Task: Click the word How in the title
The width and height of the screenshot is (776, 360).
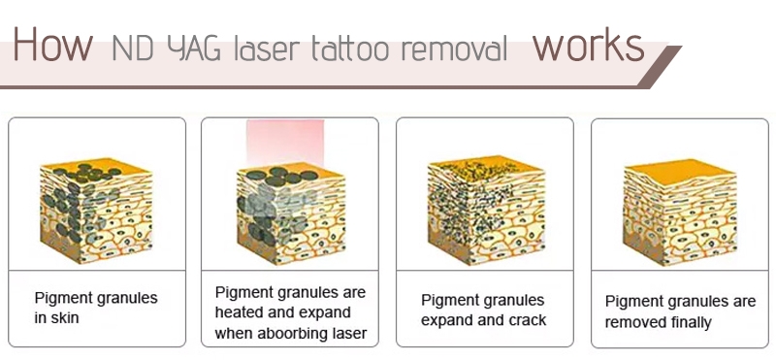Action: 52,45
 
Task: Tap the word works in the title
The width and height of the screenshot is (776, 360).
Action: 588,45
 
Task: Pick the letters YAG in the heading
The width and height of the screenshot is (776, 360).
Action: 195,48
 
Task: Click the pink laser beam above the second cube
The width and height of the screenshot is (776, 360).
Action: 290,142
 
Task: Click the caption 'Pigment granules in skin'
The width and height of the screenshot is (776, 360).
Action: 95,308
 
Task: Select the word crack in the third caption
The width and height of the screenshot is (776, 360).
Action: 528,320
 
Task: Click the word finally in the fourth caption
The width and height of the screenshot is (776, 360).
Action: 690,322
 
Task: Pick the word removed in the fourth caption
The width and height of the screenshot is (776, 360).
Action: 631,322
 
